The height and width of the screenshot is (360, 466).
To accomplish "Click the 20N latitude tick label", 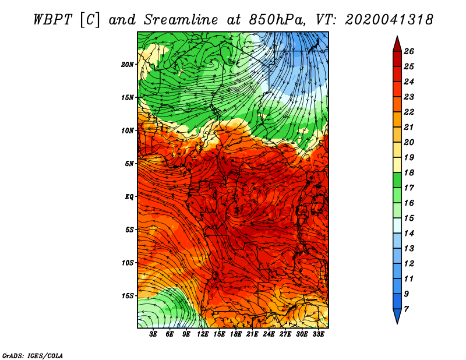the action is pyautogui.click(x=128, y=64).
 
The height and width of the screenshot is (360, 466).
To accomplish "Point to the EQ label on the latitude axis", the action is pyautogui.click(x=129, y=196).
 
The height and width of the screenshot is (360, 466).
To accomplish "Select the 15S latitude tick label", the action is pyautogui.click(x=128, y=296).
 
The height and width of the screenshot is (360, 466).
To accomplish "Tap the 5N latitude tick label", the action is pyautogui.click(x=129, y=164).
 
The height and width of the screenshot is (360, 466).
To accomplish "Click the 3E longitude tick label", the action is pyautogui.click(x=153, y=334).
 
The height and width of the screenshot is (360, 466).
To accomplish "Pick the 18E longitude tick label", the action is pyautogui.click(x=236, y=334).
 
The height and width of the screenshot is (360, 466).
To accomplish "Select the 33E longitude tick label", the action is pyautogui.click(x=318, y=334).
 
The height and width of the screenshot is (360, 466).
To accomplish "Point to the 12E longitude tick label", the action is pyautogui.click(x=202, y=334).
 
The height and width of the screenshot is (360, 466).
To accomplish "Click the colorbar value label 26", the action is pyautogui.click(x=409, y=51).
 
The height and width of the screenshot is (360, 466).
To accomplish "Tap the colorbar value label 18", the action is pyautogui.click(x=409, y=172).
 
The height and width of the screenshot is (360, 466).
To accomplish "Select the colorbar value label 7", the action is pyautogui.click(x=406, y=309).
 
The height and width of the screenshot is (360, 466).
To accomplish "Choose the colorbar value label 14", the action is pyautogui.click(x=409, y=234).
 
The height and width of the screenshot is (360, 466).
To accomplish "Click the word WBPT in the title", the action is pyautogui.click(x=53, y=20).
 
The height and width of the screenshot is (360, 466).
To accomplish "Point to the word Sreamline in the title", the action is pyautogui.click(x=181, y=20).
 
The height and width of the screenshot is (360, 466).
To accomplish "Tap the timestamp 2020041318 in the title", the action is pyautogui.click(x=389, y=20).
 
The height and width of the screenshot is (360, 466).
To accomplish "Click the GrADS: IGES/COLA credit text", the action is pyautogui.click(x=33, y=356).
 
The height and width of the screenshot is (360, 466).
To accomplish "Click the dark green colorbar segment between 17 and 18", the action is pyautogui.click(x=397, y=180).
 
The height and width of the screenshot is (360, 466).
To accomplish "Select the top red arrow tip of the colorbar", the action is pyautogui.click(x=397, y=36).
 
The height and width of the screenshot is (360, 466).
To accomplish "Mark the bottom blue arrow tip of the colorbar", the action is pyautogui.click(x=397, y=324).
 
